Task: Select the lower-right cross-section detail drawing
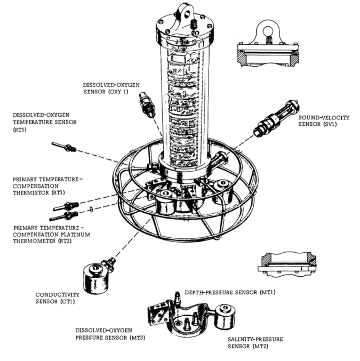(286, 262)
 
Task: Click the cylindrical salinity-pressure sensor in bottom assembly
(224, 315)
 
